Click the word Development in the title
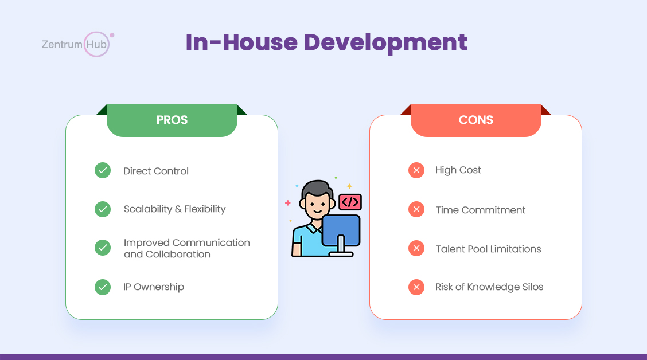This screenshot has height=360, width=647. (385, 42)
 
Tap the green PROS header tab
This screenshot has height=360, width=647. (172, 120)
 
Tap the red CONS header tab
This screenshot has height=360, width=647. (475, 120)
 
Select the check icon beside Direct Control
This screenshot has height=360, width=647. (103, 170)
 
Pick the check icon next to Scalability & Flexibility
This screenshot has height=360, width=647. (103, 209)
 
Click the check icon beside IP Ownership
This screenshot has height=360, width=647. (103, 287)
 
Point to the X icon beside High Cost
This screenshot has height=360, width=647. (416, 170)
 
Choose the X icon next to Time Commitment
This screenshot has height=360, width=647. (416, 209)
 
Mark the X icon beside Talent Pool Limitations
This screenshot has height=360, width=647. (416, 248)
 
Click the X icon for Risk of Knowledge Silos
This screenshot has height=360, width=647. (416, 287)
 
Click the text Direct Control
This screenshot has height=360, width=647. (156, 171)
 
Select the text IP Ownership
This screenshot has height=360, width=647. (154, 287)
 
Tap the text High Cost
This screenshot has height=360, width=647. (458, 170)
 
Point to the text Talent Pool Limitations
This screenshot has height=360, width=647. (488, 249)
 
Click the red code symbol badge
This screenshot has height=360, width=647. (350, 202)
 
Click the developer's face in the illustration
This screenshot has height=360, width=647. (317, 204)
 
